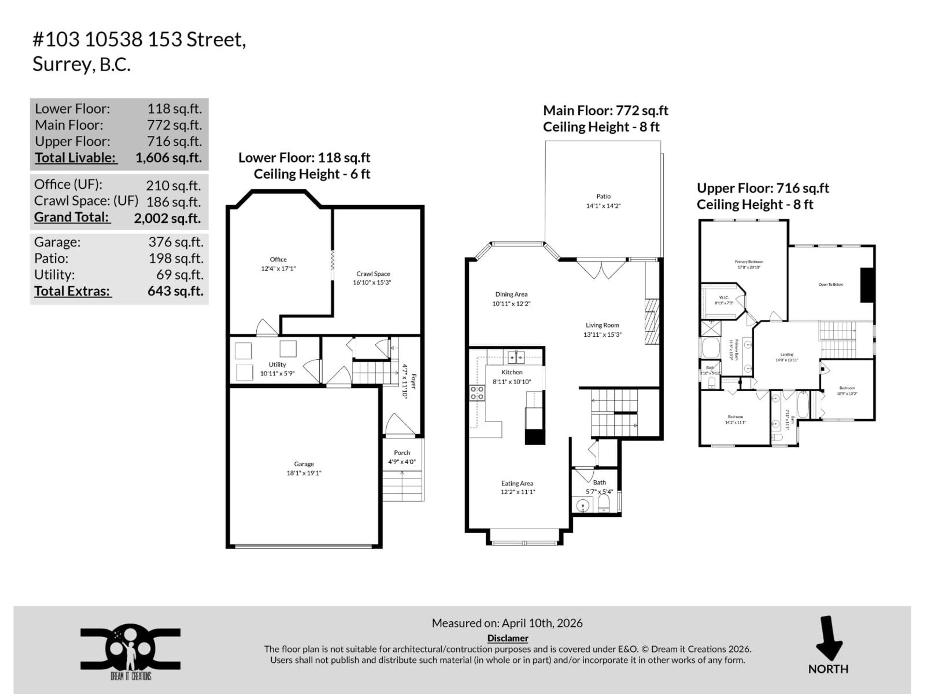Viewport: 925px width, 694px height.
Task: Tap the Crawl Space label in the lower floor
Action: tap(373, 274)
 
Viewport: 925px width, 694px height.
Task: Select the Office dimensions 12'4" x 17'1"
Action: tap(278, 269)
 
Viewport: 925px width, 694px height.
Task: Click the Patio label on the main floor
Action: tap(603, 196)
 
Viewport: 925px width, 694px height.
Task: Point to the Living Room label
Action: tap(602, 325)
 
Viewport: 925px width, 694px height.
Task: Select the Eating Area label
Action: tap(517, 483)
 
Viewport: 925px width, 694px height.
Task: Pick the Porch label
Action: tap(402, 453)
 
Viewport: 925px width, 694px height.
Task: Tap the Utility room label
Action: tap(277, 364)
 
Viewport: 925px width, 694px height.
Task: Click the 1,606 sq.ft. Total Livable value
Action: tap(169, 158)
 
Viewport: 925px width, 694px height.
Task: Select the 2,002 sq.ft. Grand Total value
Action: tap(167, 218)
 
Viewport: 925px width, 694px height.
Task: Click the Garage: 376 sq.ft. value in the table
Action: tap(176, 242)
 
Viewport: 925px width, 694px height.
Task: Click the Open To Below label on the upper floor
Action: tap(831, 284)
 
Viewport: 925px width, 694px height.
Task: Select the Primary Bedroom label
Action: tap(748, 261)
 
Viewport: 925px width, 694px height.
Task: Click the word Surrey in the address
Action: tap(61, 64)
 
